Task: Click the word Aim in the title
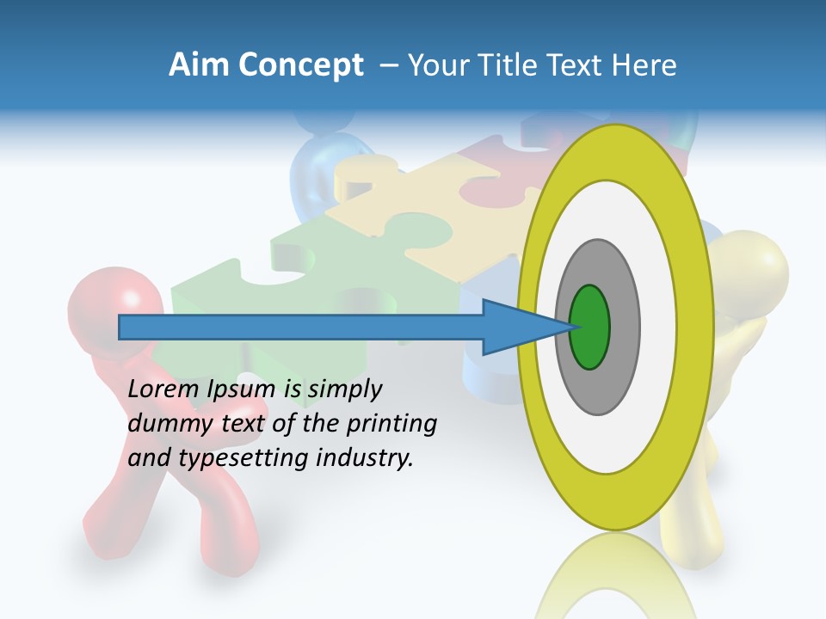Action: (x=197, y=65)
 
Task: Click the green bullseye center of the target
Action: (x=590, y=328)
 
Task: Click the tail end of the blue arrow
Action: (x=121, y=328)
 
